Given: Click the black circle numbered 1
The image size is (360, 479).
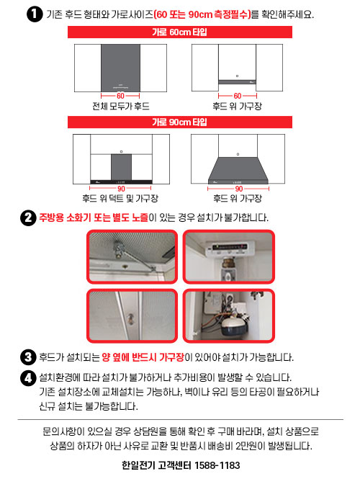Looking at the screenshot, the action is tap(35, 14).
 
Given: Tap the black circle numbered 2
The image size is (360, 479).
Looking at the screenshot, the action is tap(28, 218).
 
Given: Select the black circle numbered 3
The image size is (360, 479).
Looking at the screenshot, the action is tap(28, 357).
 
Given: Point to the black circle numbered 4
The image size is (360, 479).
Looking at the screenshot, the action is tap(28, 378).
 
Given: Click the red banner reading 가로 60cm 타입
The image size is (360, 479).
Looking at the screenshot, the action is tap(180, 32).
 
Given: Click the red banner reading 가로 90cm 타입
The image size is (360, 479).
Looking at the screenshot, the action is tap(180, 122).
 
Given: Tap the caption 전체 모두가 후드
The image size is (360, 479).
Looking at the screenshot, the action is tap(121, 107).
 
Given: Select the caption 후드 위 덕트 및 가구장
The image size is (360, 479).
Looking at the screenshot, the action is tap(120, 199).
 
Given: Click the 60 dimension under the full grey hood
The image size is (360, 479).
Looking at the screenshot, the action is tap(120, 96).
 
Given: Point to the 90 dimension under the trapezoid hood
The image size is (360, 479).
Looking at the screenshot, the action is tap(238, 189).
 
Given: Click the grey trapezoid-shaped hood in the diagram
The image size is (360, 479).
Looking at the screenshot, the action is tap(238, 171).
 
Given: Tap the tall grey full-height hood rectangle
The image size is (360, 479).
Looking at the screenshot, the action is tap(121, 68).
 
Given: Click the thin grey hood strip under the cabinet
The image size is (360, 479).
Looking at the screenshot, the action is tap(238, 82).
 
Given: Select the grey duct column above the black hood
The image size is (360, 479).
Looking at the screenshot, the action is tap(121, 167).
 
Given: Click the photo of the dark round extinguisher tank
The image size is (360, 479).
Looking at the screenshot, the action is tap(229, 315).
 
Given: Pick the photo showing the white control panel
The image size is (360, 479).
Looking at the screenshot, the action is tap(229, 256).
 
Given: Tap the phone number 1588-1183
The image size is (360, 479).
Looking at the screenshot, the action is tap(217, 465).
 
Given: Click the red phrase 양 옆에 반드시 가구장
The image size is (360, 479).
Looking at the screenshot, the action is tap(143, 357).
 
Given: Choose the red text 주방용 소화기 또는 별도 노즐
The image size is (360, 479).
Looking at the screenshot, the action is tap(94, 218).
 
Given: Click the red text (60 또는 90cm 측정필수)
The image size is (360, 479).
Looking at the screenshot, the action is tap(202, 14).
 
